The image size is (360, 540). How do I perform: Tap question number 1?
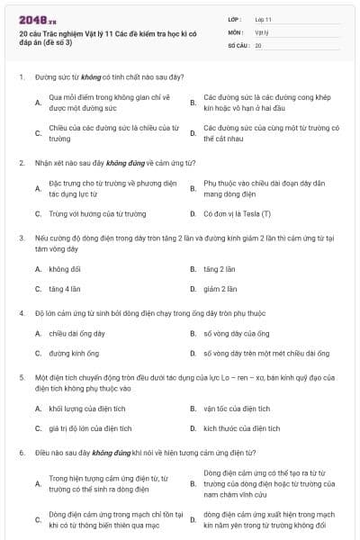coord(21,78)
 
